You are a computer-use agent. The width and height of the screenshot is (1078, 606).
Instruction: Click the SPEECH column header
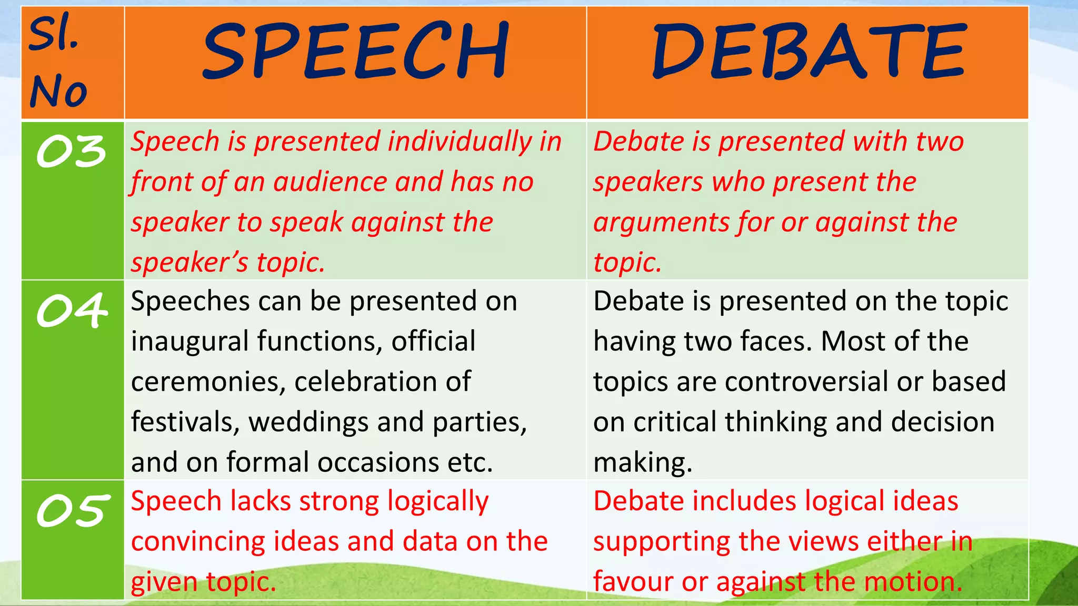[356, 52]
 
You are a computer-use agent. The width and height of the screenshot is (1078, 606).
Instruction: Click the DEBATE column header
[808, 52]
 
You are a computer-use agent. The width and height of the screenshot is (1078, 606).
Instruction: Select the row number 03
[72, 151]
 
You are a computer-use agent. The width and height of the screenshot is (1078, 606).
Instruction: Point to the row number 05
[73, 510]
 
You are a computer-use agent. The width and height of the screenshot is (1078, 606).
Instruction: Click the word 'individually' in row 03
[460, 142]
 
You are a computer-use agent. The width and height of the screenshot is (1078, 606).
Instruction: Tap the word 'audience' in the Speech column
[332, 182]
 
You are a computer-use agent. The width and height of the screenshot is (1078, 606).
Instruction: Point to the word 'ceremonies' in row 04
[205, 382]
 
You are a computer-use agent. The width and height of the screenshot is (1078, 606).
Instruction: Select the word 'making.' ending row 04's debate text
[643, 463]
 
